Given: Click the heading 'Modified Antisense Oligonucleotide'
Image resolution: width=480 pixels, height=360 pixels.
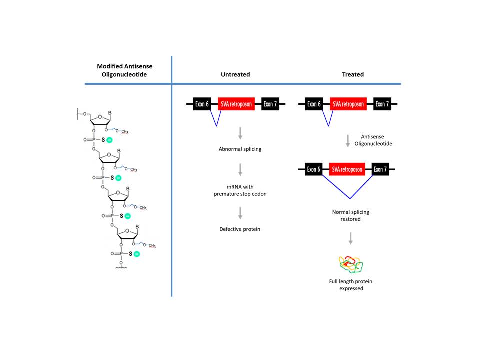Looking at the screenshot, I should (x=124, y=70).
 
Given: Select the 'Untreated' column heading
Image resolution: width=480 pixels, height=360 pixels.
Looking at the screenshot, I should (x=235, y=74).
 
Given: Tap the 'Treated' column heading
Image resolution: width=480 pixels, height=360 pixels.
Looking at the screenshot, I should (x=353, y=74).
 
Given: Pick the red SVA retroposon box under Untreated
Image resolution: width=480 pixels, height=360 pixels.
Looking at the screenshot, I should (x=236, y=104).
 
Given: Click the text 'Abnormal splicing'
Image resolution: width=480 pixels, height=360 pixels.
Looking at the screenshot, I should (x=240, y=149).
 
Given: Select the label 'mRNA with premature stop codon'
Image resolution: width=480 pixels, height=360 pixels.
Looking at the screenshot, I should (x=240, y=191).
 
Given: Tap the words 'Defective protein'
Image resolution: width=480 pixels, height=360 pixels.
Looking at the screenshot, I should (x=240, y=229).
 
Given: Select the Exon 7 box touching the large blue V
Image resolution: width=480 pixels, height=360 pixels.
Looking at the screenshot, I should (x=380, y=169).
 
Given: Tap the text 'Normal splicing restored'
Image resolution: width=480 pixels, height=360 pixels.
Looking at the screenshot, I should (x=351, y=215).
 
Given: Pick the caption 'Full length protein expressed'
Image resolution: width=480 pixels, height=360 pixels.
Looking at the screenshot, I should (x=351, y=285).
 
